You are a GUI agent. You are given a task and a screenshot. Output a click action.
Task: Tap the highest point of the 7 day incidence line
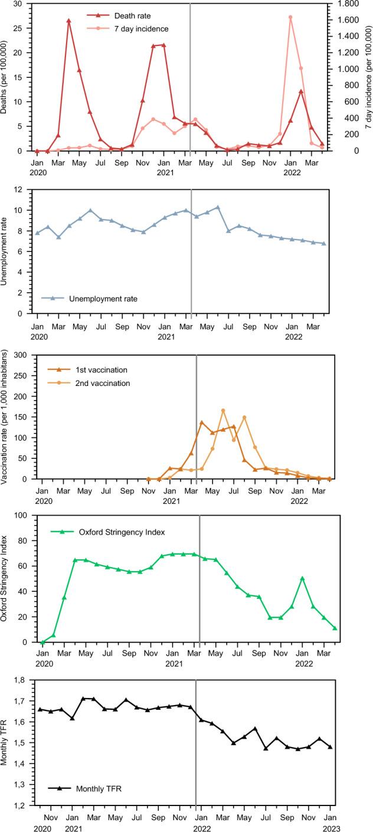tap(290, 17)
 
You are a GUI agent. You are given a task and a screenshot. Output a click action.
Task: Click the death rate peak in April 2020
tap(68, 21)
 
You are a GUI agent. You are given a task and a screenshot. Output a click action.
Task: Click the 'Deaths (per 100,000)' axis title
tap(6, 77)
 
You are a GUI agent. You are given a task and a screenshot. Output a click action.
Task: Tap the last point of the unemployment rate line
tap(323, 243)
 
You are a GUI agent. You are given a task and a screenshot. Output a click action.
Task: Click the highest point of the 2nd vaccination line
tap(223, 411)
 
